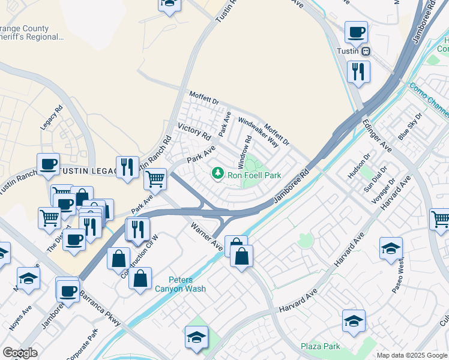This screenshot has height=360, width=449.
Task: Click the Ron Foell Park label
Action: (x=254, y=175)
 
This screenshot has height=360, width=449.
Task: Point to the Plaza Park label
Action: (x=321, y=346)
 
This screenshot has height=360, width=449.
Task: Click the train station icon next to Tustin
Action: (x=366, y=52)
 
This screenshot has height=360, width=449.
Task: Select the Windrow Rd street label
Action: (x=244, y=152)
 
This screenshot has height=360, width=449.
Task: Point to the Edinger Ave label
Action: (x=377, y=136)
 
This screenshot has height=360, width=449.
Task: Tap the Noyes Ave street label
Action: (x=20, y=319)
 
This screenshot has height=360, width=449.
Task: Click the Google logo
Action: (x=20, y=353)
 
